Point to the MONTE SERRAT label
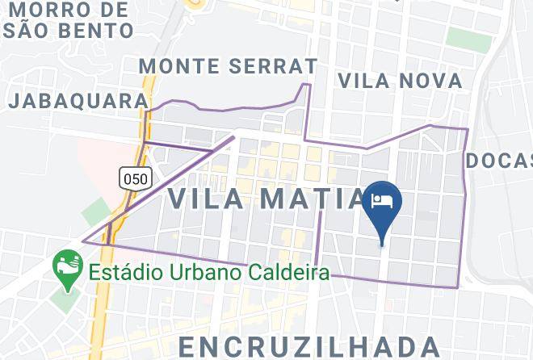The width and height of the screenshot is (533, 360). click(x=228, y=65)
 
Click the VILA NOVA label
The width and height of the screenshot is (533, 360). click(x=401, y=81)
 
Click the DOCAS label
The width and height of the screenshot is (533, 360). click(x=500, y=161)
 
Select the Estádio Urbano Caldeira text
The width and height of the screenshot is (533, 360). click(x=209, y=272)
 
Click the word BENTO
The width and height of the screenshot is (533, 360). click(x=100, y=31)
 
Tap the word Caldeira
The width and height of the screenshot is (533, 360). click(x=295, y=272)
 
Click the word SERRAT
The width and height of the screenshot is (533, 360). click(x=275, y=65)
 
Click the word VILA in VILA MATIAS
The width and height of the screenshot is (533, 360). click(x=206, y=199)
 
